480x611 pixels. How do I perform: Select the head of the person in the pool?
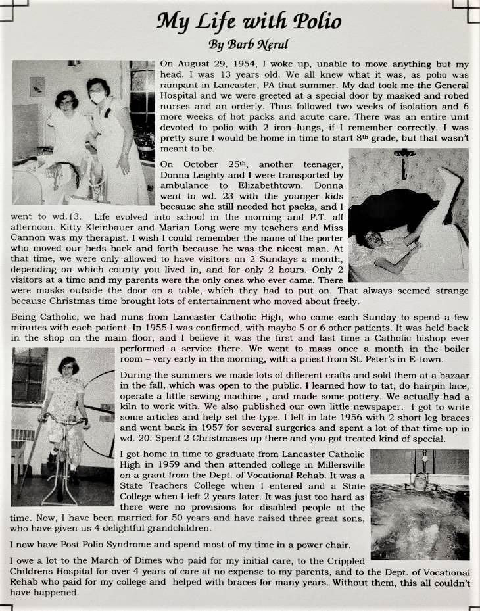coord(421,478)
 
